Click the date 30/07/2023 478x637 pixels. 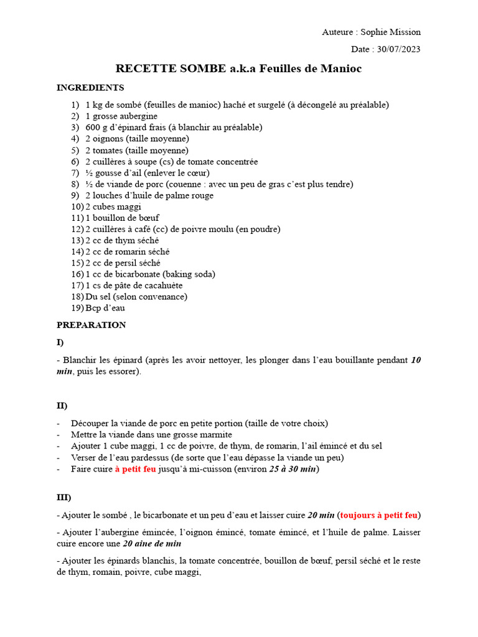tap(399, 49)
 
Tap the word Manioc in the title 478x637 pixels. tap(342, 68)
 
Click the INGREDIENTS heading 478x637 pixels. tap(90, 88)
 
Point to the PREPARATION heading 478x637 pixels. tap(91, 325)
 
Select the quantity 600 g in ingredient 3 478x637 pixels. tap(96, 128)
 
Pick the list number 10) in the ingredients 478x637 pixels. tap(77, 207)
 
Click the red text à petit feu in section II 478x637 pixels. tap(135, 469)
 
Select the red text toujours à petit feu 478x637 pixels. tap(379, 515)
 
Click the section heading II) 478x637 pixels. tap(62, 406)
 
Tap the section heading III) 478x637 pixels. tap(63, 498)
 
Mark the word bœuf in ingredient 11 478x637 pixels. tap(148, 218)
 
